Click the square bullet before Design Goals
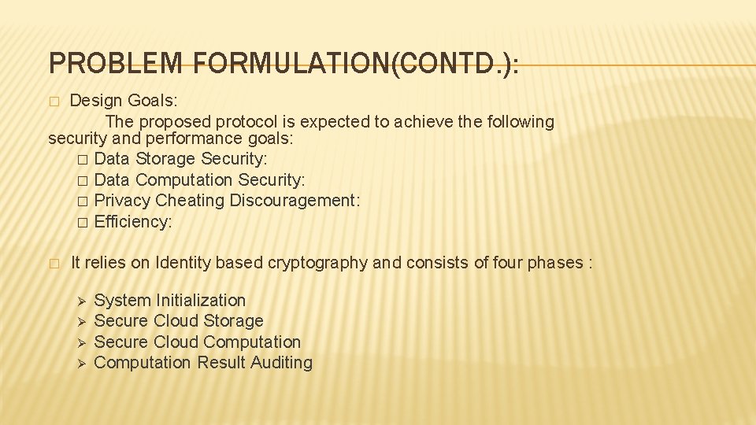(x=54, y=102)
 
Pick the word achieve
(x=422, y=122)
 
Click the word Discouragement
(x=295, y=201)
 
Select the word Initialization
(x=201, y=300)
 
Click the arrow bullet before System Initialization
(x=77, y=301)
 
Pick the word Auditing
(x=281, y=363)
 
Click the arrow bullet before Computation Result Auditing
(x=77, y=364)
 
